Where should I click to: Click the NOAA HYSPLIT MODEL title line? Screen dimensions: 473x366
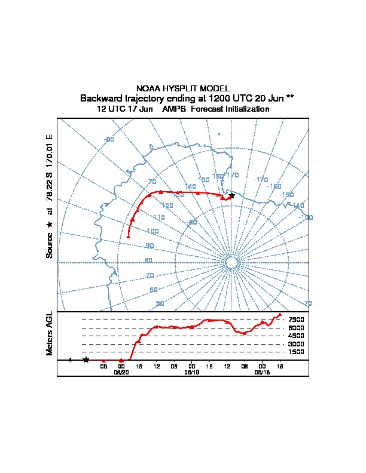click(x=182, y=88)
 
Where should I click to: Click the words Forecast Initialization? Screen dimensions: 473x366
click(x=230, y=109)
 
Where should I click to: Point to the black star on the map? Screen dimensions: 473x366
click(x=232, y=195)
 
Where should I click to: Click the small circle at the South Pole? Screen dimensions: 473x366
click(x=232, y=263)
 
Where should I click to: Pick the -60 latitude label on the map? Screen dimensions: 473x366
click(x=109, y=139)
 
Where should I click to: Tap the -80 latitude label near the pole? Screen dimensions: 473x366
click(x=192, y=222)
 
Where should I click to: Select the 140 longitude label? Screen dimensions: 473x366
click(x=190, y=187)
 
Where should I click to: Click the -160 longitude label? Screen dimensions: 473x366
click(x=274, y=186)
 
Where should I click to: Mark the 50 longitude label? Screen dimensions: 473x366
click(x=160, y=304)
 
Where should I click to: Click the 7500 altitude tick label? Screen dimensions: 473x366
click(x=297, y=320)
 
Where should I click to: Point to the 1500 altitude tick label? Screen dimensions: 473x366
click(x=297, y=352)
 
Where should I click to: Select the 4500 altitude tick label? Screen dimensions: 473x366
click(x=297, y=336)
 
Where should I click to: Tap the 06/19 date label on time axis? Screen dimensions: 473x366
click(x=191, y=372)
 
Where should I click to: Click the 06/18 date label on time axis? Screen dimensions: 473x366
click(x=262, y=372)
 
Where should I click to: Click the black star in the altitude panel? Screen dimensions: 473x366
click(x=86, y=360)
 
